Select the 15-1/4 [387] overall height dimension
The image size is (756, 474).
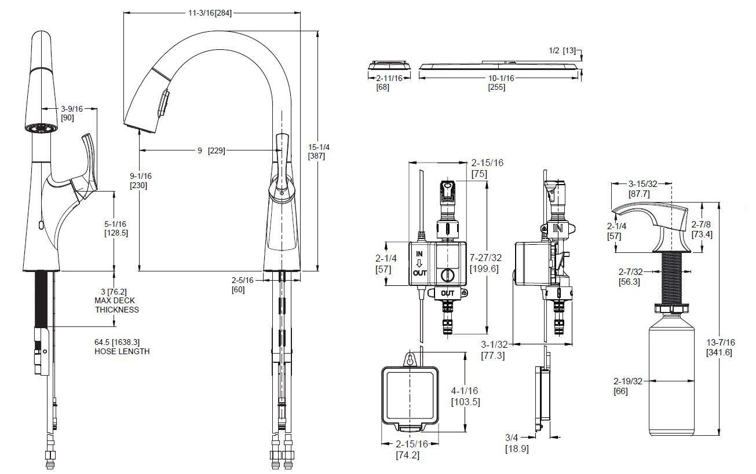click(x=319, y=152)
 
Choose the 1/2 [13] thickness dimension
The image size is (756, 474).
click(x=562, y=51)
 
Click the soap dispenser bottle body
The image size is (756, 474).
click(x=671, y=382)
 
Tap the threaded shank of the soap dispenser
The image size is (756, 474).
click(x=671, y=278)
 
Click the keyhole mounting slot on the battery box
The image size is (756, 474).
click(x=410, y=359)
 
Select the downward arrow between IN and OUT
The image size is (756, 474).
click(x=419, y=263)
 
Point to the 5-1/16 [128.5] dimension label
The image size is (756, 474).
click(x=116, y=228)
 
